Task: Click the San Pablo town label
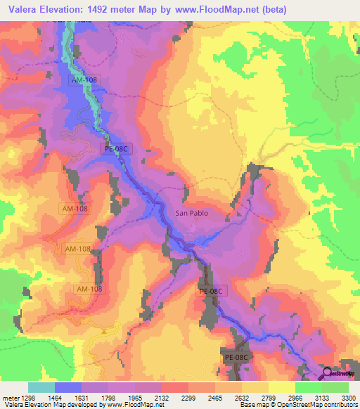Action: click(x=191, y=213)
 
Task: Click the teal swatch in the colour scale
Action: click(x=41, y=387)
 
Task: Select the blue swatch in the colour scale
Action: click(x=68, y=387)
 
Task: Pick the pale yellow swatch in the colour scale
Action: click(x=281, y=387)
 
